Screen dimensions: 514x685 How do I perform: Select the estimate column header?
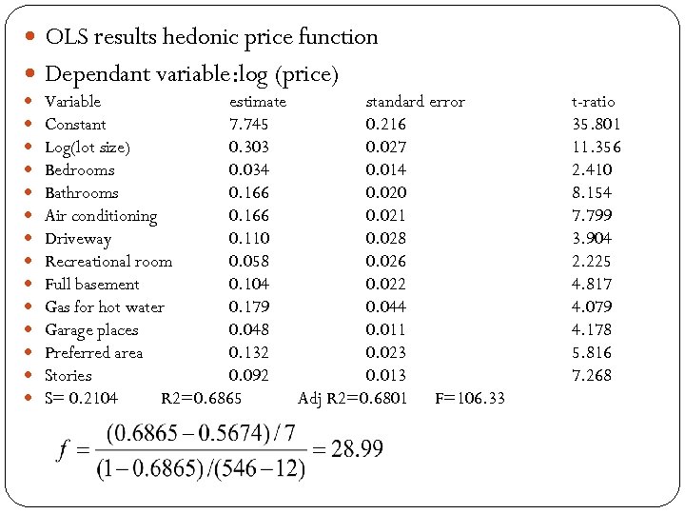coord(257,102)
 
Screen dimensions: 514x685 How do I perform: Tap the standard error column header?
coord(415,102)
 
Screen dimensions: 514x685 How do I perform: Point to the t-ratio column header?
coord(593,102)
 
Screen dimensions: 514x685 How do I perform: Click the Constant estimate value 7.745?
coord(248,125)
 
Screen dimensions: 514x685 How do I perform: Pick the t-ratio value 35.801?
coord(596,125)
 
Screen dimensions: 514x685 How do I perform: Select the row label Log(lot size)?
coord(88,148)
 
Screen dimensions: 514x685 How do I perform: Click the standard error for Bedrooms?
coord(385,170)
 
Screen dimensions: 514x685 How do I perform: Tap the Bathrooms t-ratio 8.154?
coord(592,193)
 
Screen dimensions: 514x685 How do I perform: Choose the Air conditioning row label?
coord(101,216)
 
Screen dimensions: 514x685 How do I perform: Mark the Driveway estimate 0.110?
coord(248,239)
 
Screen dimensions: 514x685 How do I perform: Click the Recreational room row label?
coord(108,262)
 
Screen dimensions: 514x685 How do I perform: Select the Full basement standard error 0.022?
coord(385,285)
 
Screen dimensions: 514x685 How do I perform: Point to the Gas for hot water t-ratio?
coord(592,307)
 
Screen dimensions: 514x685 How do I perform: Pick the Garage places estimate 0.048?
coord(248,330)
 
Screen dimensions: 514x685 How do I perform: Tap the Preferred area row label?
coord(93,353)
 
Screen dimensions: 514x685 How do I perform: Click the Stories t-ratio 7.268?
coord(592,376)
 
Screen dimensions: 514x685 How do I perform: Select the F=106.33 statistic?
coord(470,399)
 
